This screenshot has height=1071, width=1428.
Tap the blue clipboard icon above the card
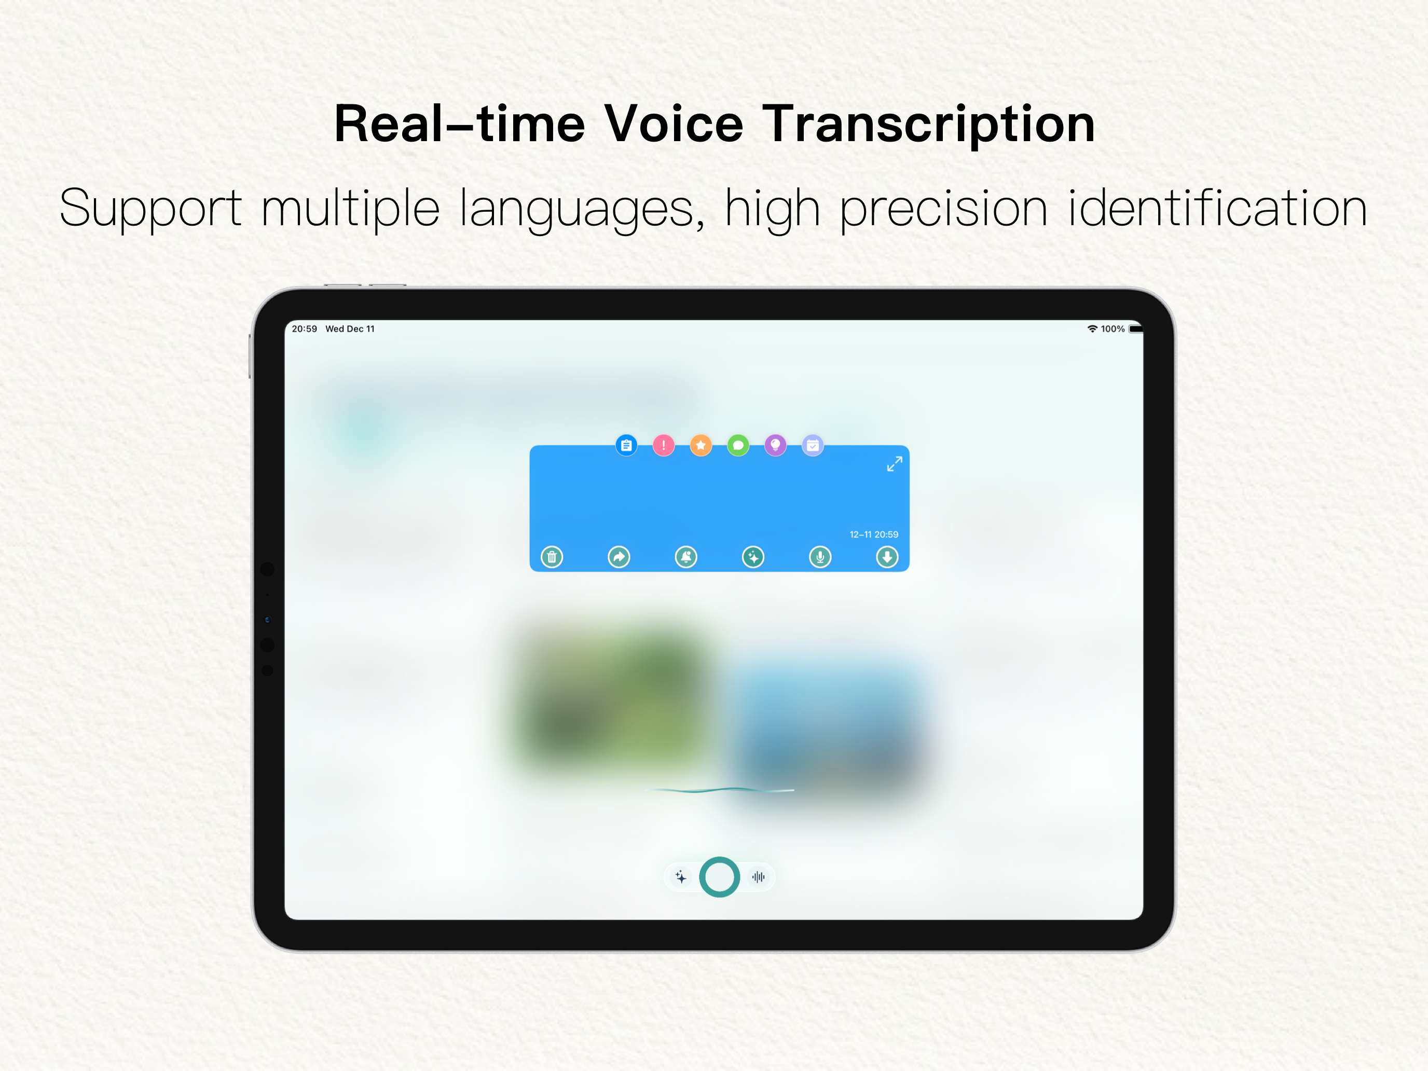(626, 445)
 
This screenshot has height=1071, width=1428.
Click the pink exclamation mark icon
(664, 445)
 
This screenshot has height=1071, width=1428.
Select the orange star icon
(701, 445)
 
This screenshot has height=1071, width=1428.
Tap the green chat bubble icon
(738, 445)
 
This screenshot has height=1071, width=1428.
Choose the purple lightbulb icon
(775, 445)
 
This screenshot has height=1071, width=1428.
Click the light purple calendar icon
(813, 445)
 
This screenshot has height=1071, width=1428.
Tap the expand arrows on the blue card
(895, 463)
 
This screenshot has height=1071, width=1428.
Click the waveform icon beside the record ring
(759, 877)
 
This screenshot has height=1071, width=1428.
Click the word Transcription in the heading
(928, 125)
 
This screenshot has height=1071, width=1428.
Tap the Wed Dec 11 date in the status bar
(350, 328)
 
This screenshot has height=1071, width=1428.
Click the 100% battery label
(1113, 328)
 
